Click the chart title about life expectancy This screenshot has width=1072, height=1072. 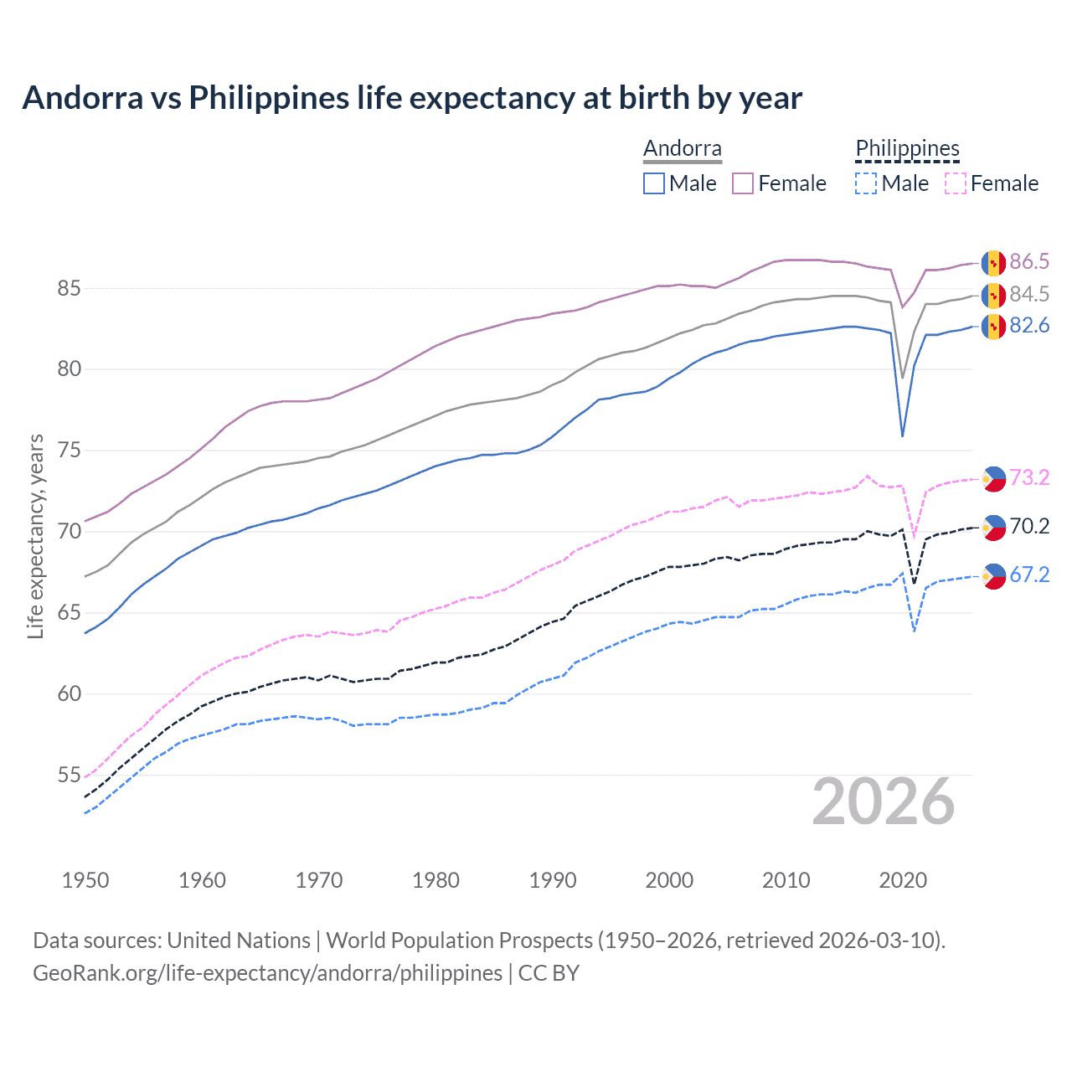(x=412, y=98)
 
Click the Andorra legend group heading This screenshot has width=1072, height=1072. (x=682, y=149)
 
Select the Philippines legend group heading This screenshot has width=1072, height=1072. (x=907, y=149)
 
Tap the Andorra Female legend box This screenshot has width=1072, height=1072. (x=743, y=183)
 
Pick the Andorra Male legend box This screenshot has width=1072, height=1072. (x=654, y=183)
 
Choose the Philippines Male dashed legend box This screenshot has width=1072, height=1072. (x=866, y=183)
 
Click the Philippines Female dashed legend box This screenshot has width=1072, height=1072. (x=956, y=183)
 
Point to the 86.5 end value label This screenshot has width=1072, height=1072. (x=1029, y=262)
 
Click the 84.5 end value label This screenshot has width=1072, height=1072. (x=1029, y=295)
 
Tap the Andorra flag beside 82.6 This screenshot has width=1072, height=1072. (x=993, y=327)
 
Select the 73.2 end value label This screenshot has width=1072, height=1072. (x=1029, y=478)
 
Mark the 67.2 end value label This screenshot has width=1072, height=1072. (x=1029, y=575)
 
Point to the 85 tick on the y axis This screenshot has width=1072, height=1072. (x=69, y=289)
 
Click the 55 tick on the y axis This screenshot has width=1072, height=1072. (x=69, y=776)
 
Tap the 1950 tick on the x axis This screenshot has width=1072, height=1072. (x=85, y=880)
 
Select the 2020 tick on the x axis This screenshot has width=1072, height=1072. (x=903, y=880)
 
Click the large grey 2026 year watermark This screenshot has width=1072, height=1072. (x=884, y=802)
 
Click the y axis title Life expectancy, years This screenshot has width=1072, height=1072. (x=36, y=536)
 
